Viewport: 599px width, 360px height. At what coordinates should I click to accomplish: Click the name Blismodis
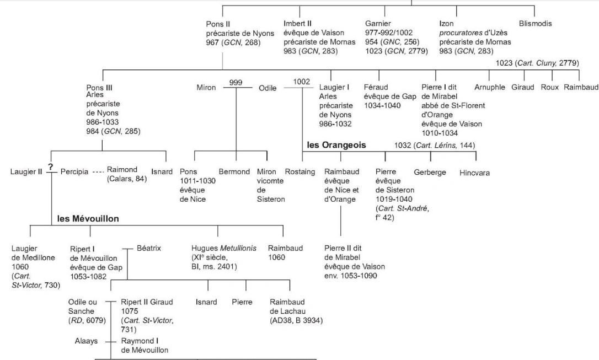pyautogui.click(x=536, y=24)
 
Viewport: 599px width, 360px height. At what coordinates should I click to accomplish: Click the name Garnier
pyautogui.click(x=378, y=24)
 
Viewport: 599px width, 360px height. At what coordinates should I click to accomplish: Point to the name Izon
pyautogui.click(x=446, y=24)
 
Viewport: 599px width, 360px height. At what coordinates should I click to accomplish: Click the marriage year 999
pyautogui.click(x=236, y=81)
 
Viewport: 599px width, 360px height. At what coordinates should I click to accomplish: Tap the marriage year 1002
pyautogui.click(x=302, y=81)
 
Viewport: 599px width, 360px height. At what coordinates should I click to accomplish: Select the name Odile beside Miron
pyautogui.click(x=268, y=88)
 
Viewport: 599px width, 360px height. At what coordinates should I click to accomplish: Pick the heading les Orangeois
pyautogui.click(x=336, y=146)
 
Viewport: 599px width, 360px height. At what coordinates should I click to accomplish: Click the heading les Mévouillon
pyautogui.click(x=88, y=219)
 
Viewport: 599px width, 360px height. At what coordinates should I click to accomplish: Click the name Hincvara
pyautogui.click(x=474, y=173)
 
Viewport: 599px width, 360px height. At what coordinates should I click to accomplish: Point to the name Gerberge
pyautogui.click(x=430, y=172)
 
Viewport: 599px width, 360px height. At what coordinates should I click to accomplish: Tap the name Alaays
pyautogui.click(x=86, y=341)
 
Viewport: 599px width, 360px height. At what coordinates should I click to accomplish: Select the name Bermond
pyautogui.click(x=234, y=172)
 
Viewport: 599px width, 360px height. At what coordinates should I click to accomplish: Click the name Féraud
pyautogui.click(x=377, y=88)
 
